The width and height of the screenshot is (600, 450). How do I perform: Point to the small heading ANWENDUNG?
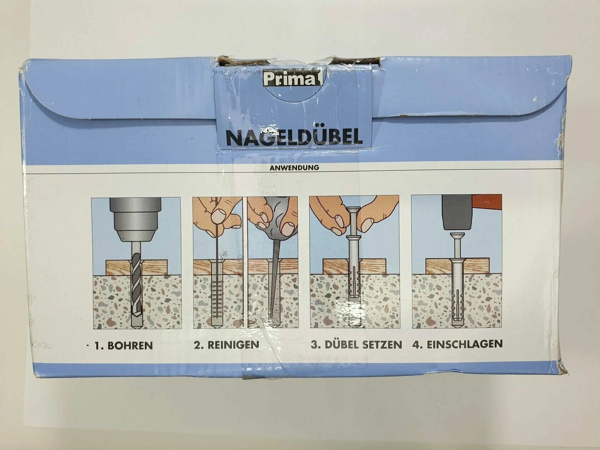pos(294,168)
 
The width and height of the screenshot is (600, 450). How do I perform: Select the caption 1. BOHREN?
pos(123,345)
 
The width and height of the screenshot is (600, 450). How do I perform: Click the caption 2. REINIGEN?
pos(226,345)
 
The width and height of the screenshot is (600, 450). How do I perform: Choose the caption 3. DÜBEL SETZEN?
pos(356,344)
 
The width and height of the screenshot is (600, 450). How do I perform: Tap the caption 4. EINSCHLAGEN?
pos(457,344)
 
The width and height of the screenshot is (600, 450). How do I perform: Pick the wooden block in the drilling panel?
pos(136,267)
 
